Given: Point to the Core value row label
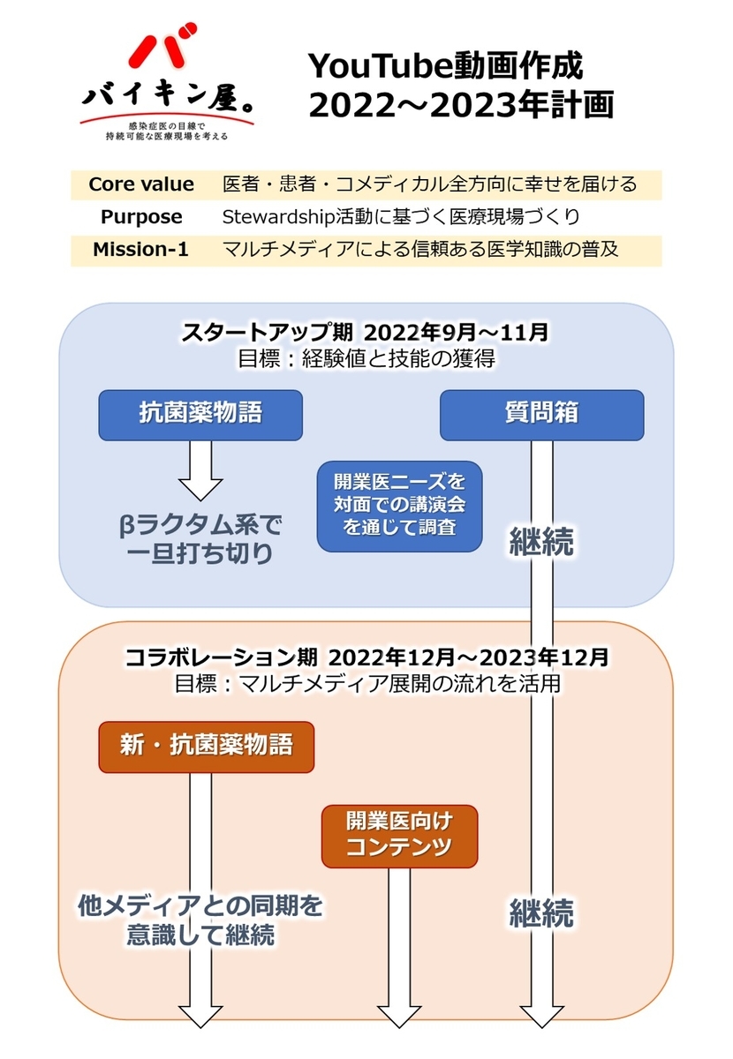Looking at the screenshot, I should point(141,184).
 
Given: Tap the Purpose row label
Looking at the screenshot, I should point(141,217).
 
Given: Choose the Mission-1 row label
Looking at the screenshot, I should point(141,250).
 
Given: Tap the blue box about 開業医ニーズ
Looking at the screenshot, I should point(399,507).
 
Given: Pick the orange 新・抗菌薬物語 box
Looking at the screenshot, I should point(206,747).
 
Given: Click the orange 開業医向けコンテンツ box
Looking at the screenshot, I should point(399,835).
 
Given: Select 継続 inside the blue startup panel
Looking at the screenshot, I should point(541,541).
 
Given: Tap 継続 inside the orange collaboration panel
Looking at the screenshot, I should point(541,912).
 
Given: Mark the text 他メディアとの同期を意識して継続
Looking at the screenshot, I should point(200,920).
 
